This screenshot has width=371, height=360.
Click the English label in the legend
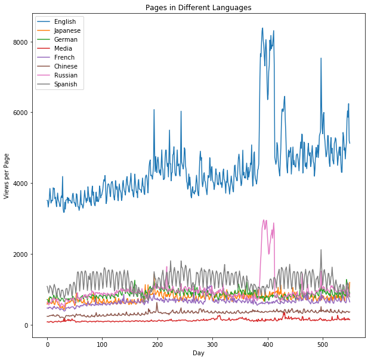coord(64,22)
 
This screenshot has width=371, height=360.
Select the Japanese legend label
coord(67,31)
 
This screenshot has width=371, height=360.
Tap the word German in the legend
coord(66,40)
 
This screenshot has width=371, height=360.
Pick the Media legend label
coord(63,49)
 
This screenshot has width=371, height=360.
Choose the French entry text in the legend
coord(64,58)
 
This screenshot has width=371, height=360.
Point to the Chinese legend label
coord(66,67)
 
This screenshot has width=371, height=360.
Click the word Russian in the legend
coord(66,76)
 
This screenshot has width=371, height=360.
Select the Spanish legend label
coord(66,85)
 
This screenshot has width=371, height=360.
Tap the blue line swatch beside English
coord(44,22)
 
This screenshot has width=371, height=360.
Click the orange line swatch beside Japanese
coord(44,31)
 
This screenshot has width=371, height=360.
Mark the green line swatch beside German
coord(44,40)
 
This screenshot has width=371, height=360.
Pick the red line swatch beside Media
coord(44,49)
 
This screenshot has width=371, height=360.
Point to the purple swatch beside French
coord(44,58)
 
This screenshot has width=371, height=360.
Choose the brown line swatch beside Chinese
coord(44,67)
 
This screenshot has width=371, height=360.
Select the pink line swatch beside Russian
coord(44,76)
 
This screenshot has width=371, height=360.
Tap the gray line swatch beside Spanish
coord(44,85)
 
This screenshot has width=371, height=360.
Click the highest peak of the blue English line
coord(262,28)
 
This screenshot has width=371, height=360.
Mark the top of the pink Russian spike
coord(264,220)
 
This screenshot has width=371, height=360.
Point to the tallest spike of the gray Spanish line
coord(321,250)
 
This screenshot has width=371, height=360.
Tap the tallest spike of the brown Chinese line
coord(157,303)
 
